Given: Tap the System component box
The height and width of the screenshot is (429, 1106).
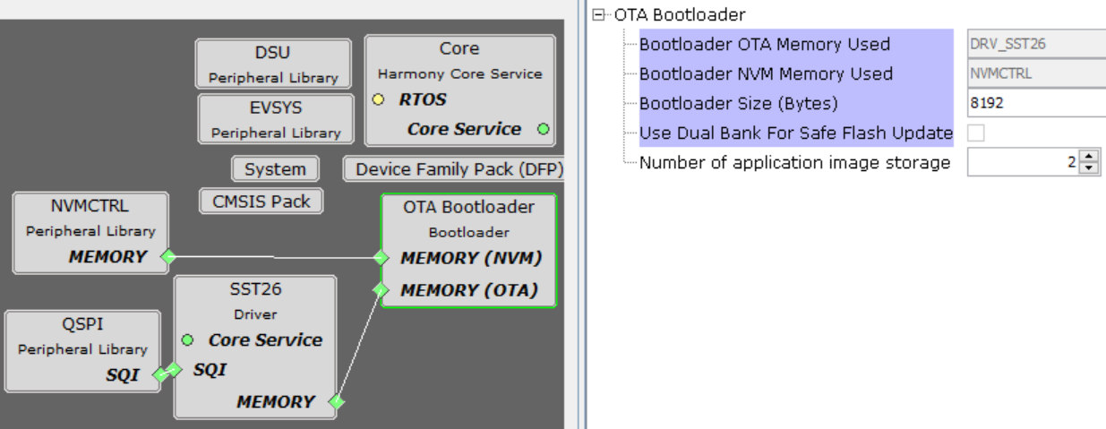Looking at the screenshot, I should coord(275,168).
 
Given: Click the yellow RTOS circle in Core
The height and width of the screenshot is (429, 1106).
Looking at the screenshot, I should coord(380,99).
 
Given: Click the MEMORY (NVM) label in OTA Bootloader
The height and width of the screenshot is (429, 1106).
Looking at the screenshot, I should coord(470,258).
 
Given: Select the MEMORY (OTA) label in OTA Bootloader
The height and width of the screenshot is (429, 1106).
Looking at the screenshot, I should coord(468,290).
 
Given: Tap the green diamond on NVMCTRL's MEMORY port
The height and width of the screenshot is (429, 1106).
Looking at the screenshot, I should coord(166,258).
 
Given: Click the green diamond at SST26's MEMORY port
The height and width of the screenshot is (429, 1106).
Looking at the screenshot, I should coord(336,402).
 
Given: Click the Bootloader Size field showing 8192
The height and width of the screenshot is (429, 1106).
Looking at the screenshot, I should coord(1034,103).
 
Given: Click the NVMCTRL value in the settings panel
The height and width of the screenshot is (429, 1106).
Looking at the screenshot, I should coord(1034,73).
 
